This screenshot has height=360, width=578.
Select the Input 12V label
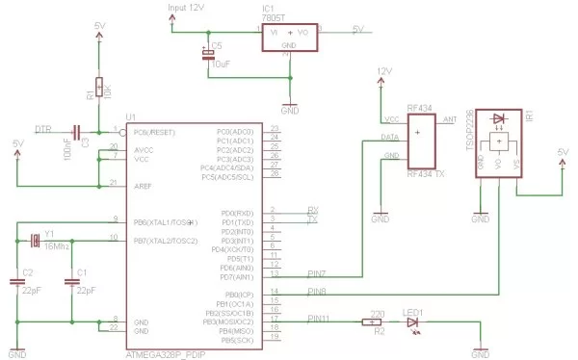tap(187, 8)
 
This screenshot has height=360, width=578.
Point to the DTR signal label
tap(42, 129)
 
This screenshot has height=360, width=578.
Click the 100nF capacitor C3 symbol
tap(77, 131)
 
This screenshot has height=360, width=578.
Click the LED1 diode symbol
tap(414, 322)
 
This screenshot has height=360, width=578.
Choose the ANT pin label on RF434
tap(448, 120)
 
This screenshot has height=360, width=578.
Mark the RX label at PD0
tap(312, 210)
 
